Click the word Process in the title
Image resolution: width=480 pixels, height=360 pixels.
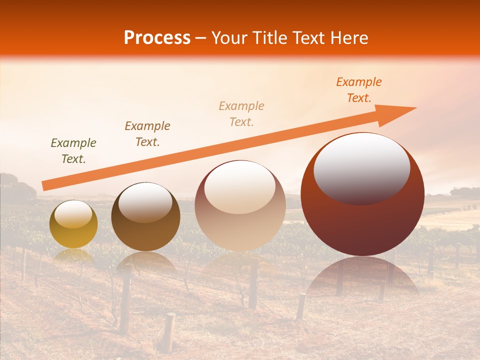click(157, 38)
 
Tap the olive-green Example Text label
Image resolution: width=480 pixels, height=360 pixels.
click(73, 151)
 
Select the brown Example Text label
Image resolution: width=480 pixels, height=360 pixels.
click(147, 133)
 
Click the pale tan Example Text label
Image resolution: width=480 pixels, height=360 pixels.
click(241, 113)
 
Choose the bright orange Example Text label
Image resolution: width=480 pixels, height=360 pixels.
click(359, 90)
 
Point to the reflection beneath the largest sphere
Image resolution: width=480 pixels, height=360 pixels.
click(362, 277)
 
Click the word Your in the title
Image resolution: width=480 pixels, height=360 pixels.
click(230, 38)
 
